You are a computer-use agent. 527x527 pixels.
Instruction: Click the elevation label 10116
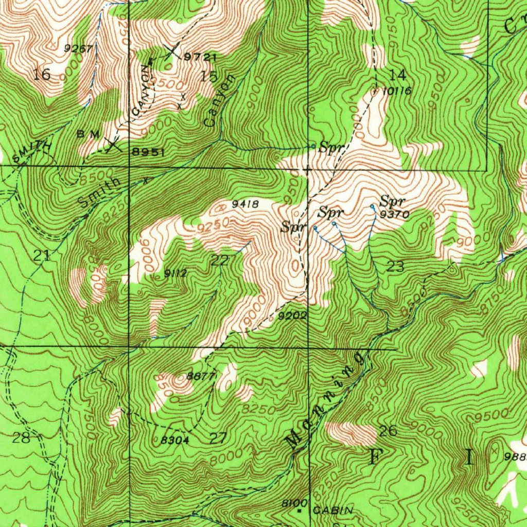click(x=397, y=91)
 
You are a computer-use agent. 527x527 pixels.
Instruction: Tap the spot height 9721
click(x=200, y=57)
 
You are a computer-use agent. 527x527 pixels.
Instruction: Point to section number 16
click(x=42, y=75)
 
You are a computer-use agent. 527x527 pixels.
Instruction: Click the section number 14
click(x=398, y=75)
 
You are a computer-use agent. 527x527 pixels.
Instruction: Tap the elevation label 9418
click(x=245, y=204)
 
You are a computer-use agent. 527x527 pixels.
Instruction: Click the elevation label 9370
click(x=395, y=215)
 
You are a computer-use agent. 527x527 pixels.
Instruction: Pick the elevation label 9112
click(x=175, y=273)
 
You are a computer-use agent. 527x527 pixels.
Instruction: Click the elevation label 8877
click(x=200, y=376)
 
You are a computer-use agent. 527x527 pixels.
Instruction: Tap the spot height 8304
click(x=175, y=440)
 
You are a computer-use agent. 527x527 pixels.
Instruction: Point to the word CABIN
click(x=333, y=511)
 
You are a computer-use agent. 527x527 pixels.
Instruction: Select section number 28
click(x=22, y=438)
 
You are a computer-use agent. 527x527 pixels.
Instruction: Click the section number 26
click(x=388, y=431)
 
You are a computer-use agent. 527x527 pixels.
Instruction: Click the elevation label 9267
click(x=78, y=48)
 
